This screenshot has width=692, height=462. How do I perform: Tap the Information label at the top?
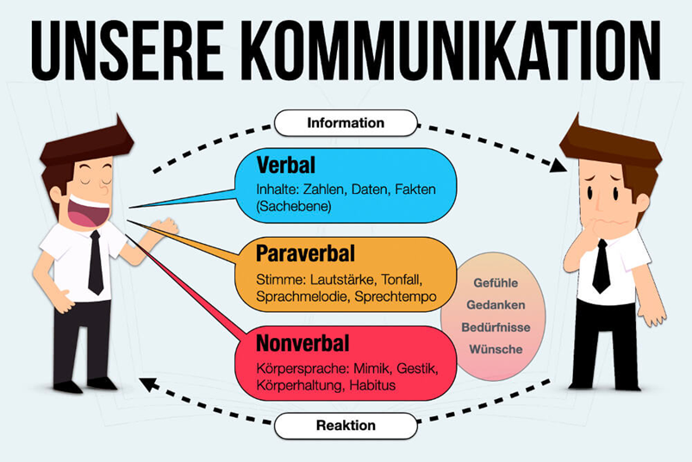pos(346,122)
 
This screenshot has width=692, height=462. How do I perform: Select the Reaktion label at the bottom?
pos(346,425)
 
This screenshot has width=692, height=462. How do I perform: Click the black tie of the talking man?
pos(95,262)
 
